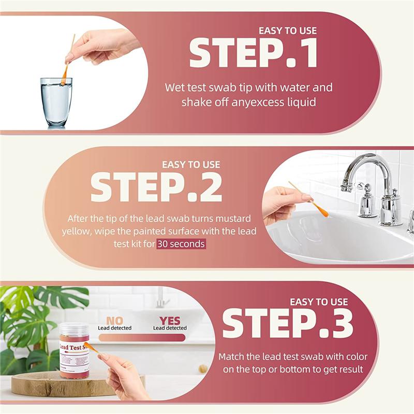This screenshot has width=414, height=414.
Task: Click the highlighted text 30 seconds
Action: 181,244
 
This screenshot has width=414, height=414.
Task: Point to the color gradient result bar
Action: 142,337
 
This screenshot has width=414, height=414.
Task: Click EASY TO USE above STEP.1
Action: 287,31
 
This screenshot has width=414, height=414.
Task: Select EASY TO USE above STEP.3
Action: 319,301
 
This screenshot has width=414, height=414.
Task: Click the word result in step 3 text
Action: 348,369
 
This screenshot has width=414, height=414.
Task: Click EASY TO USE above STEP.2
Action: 191,165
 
